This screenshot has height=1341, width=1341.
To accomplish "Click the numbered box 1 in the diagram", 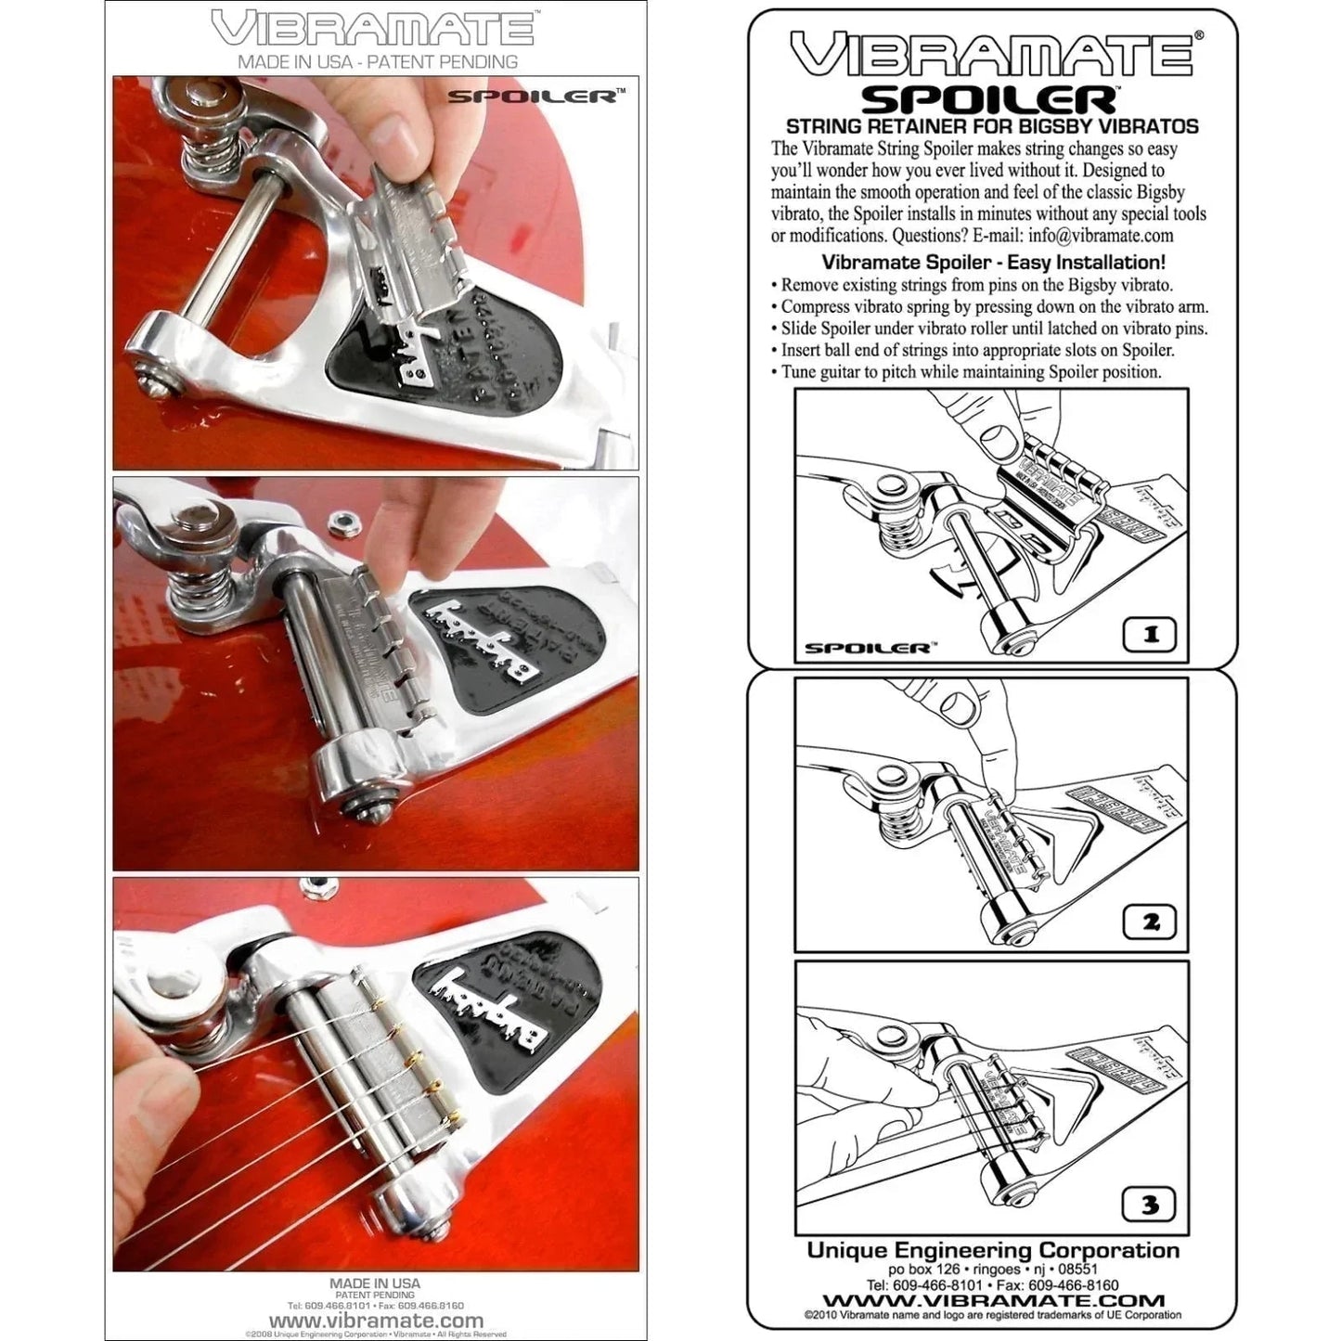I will click(x=1151, y=636).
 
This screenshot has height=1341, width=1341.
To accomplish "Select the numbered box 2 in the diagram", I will click(x=1151, y=922).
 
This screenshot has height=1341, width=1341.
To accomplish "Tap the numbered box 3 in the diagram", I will click(x=1151, y=1205).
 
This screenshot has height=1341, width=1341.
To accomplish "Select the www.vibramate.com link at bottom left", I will click(x=376, y=1321).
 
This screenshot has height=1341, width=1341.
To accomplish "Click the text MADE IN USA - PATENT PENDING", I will click(x=377, y=62).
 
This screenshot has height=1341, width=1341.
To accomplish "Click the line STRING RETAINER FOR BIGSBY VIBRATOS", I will click(x=992, y=126).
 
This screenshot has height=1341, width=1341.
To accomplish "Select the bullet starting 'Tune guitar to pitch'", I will click(x=966, y=372).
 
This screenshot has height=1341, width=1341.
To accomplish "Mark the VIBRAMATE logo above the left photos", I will click(x=372, y=28).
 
